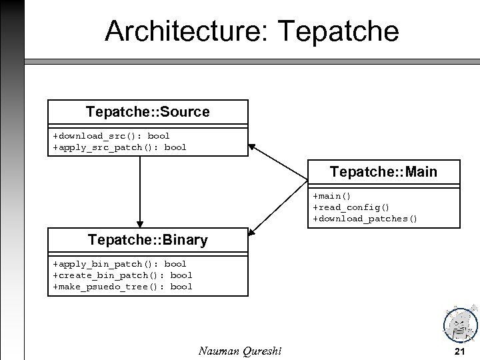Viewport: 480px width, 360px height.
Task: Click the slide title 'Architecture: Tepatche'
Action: point(252,31)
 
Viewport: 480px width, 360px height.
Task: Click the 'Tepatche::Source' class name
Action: point(147,112)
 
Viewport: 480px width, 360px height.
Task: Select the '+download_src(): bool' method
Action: point(111,135)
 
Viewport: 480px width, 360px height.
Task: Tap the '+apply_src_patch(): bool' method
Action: point(119,147)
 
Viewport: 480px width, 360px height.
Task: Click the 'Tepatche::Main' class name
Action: point(383,172)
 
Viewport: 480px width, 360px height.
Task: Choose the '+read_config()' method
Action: point(351,207)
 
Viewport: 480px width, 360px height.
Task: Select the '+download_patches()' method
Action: point(365,218)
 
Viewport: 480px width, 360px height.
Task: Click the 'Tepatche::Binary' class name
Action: point(147,240)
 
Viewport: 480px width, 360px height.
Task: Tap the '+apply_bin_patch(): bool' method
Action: point(119,263)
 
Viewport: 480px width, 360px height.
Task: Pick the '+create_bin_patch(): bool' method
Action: point(122,275)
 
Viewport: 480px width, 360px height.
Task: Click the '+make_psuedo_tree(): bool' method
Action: point(122,286)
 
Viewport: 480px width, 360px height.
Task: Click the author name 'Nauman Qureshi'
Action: point(240,351)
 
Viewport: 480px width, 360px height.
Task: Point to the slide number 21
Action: point(459,351)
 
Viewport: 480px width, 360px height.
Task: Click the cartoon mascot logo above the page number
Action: point(460,325)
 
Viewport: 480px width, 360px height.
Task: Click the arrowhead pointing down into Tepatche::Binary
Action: point(140,223)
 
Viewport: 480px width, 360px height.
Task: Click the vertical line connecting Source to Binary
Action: point(140,190)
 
